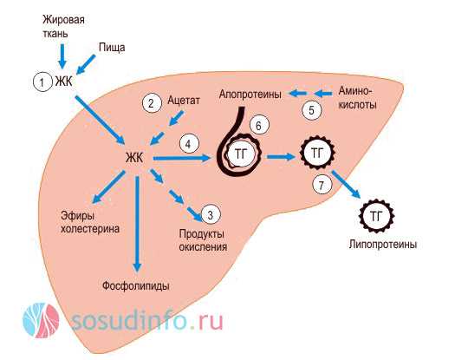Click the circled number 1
(x=42, y=82)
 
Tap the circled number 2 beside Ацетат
(x=152, y=103)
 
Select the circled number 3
(x=211, y=214)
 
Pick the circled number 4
(x=189, y=144)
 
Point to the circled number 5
(x=312, y=110)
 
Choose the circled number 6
(x=259, y=125)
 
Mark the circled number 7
(x=322, y=185)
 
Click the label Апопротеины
(x=250, y=95)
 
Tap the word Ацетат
(x=184, y=101)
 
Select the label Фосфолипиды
(x=136, y=286)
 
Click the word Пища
(x=112, y=48)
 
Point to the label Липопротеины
(x=383, y=245)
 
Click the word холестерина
(x=90, y=229)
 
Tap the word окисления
(x=203, y=247)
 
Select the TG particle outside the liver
(x=376, y=216)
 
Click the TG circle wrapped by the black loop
(x=241, y=154)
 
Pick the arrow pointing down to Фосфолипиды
(x=137, y=225)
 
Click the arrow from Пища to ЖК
(x=85, y=64)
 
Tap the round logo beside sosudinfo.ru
(x=41, y=320)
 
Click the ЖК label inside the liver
(x=134, y=158)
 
